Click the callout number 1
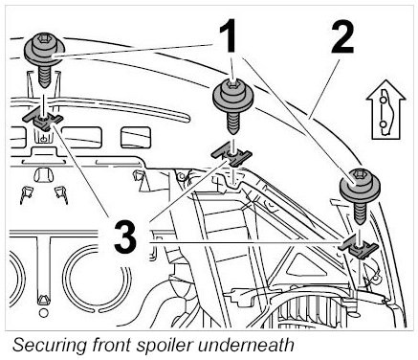(x=228, y=35)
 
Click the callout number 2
(x=342, y=36)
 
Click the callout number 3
(x=125, y=237)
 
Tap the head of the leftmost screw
(x=44, y=51)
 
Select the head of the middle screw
(x=233, y=95)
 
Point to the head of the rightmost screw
(x=360, y=185)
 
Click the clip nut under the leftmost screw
(x=43, y=121)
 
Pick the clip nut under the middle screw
(x=232, y=155)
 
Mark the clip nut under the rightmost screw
(x=359, y=247)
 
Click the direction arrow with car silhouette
(x=385, y=110)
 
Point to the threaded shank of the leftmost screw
(x=44, y=77)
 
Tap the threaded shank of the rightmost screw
(x=361, y=213)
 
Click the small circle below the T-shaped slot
(x=43, y=312)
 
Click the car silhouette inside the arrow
(x=385, y=112)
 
